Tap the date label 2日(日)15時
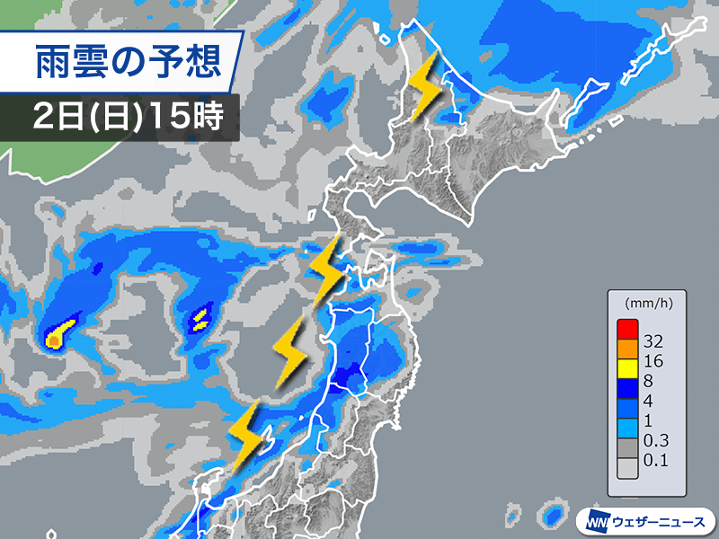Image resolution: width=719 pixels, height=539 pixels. click(127, 116)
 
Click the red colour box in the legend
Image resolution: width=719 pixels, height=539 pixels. click(626, 329)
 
